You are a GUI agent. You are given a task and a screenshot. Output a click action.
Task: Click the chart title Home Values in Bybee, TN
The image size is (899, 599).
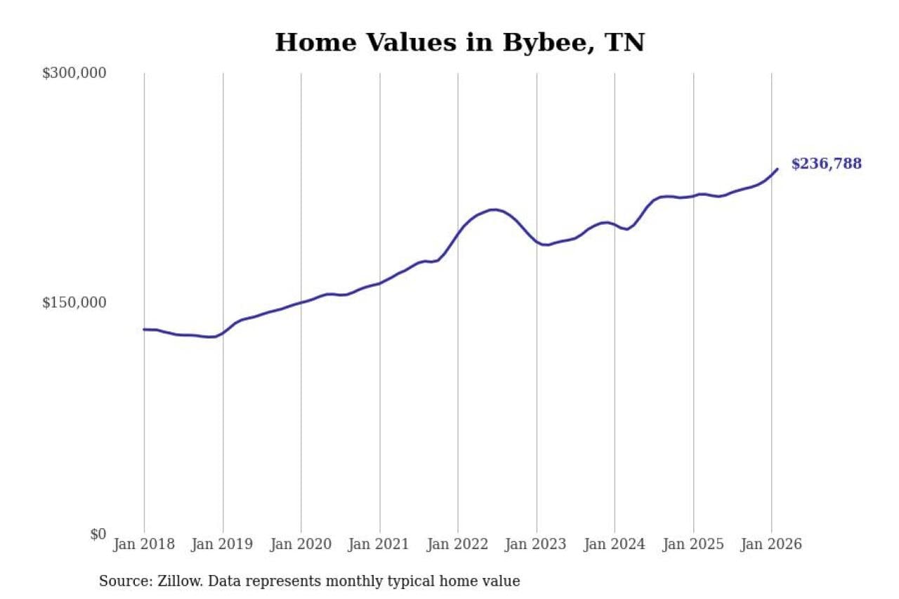(x=459, y=42)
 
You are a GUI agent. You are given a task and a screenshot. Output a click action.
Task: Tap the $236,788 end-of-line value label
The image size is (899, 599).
(x=826, y=164)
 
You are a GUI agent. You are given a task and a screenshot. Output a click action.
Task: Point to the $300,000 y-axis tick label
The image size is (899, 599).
(x=74, y=73)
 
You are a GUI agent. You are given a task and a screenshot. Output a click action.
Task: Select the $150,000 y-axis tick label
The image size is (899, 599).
(x=74, y=303)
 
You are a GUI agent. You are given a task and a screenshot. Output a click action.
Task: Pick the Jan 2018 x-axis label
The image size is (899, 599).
(x=144, y=544)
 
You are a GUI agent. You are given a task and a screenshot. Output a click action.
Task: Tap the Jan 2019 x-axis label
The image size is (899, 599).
(x=223, y=544)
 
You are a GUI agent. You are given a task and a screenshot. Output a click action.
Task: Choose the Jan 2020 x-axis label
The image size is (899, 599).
(x=301, y=544)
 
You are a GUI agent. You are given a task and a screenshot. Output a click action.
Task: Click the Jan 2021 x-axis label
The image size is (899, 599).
(x=380, y=544)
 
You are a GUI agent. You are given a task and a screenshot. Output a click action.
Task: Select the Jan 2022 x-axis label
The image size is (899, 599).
(x=458, y=544)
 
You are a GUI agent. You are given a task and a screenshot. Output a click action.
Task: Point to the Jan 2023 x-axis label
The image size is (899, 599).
(x=537, y=544)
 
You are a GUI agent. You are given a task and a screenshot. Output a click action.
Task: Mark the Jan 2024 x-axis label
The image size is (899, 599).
(x=615, y=544)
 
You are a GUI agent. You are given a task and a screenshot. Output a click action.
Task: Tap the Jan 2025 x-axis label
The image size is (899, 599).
(x=693, y=544)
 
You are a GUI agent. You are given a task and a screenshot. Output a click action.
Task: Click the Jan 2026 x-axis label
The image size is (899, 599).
(x=772, y=544)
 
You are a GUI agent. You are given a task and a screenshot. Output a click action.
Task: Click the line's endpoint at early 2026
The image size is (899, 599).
(x=777, y=169)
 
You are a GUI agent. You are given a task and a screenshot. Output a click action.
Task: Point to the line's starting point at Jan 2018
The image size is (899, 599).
(x=144, y=329)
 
